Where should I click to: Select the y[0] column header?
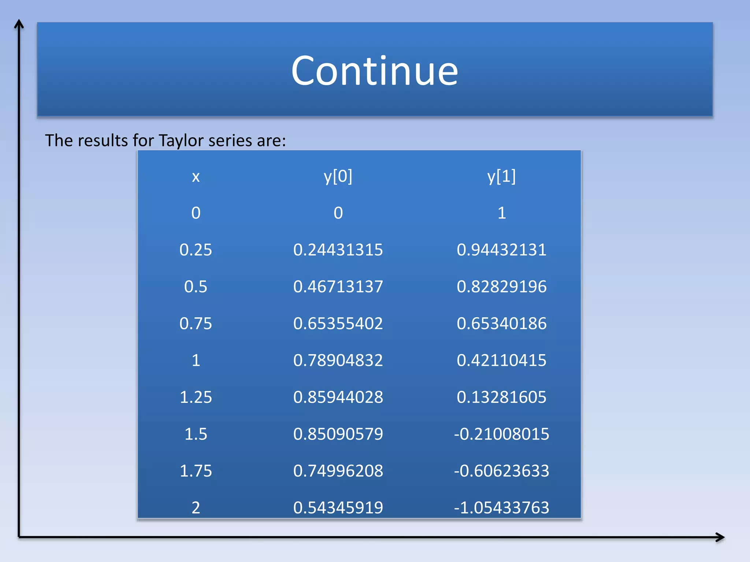338,176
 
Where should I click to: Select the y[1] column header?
501,176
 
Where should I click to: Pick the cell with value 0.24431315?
338,250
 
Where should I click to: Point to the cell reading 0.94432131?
501,250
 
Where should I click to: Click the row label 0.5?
196,286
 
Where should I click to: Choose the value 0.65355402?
338,323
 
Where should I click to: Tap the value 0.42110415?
501,360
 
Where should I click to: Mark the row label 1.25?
196,397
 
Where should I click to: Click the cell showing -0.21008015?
501,434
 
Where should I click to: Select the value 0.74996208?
338,471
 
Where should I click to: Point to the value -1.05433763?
501,508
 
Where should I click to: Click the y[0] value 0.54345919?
338,508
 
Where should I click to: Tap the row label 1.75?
196,471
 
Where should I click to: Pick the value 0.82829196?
501,286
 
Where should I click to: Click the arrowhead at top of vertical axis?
19,24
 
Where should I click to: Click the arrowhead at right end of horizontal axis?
720,537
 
